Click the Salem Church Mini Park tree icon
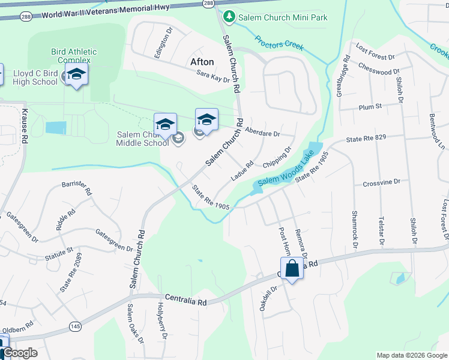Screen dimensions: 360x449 coord(228,17)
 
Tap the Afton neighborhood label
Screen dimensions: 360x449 coord(202,62)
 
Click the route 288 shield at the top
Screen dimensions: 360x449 coord(207,4)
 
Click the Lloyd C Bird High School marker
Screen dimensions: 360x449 coord(76,75)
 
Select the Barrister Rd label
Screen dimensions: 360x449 coord(76,188)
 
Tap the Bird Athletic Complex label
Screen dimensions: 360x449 coord(74,55)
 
